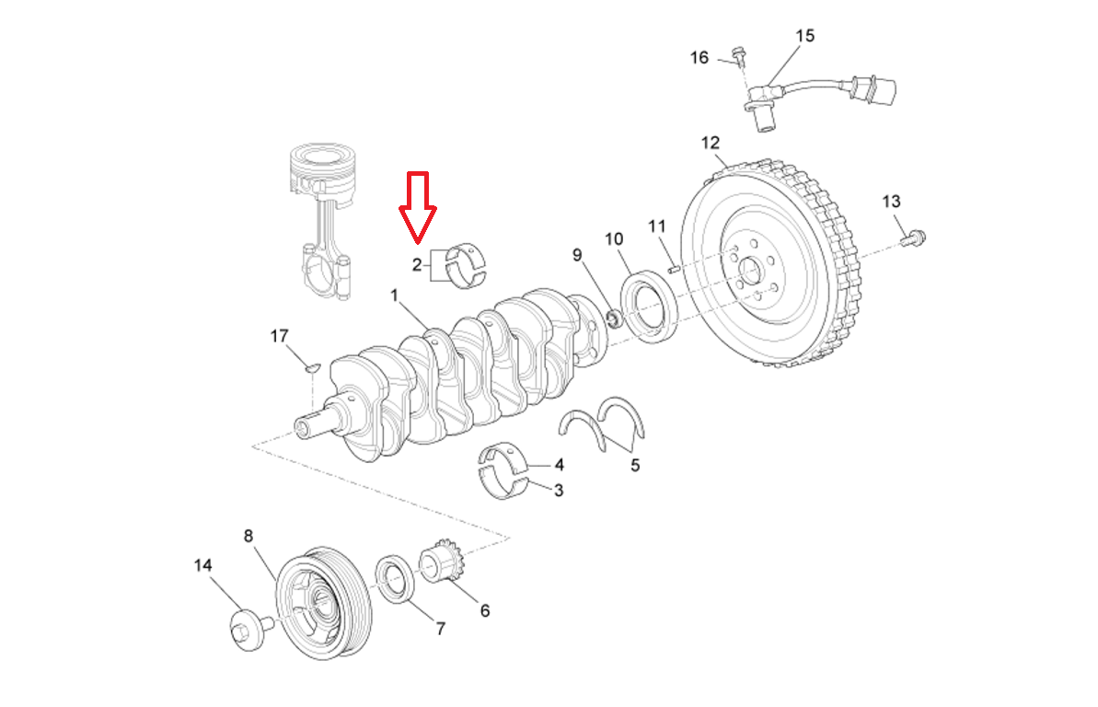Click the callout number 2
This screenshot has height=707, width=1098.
[417, 265]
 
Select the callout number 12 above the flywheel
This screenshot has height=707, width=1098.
[710, 143]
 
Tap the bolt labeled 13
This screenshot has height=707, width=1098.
[912, 238]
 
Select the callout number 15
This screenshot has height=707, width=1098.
[804, 36]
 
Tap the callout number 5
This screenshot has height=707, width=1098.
[635, 466]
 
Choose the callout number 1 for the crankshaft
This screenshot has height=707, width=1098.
[394, 296]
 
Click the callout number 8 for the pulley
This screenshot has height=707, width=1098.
[247, 536]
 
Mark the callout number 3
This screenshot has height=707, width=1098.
[559, 491]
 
